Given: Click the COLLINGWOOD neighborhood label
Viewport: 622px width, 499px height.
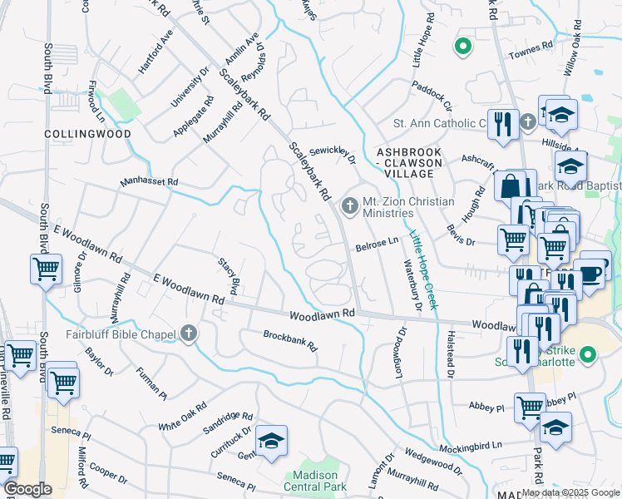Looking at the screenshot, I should pos(87,133).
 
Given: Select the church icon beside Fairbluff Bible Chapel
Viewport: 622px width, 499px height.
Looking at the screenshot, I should pos(189,334).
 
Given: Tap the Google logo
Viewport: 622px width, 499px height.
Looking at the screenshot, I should pos(27,489).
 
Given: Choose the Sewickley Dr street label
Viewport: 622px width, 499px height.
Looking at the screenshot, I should pos(333,154).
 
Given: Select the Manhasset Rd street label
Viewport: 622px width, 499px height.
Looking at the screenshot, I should pos(149,180).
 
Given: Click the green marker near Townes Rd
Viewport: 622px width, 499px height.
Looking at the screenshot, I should pos(463,46).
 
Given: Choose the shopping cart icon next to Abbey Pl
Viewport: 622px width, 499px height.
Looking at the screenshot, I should pos(530,408).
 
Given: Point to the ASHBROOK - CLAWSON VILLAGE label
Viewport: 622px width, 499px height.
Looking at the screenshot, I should pos(405,163).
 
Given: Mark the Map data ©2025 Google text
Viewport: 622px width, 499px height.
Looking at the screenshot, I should pos(570,492).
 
